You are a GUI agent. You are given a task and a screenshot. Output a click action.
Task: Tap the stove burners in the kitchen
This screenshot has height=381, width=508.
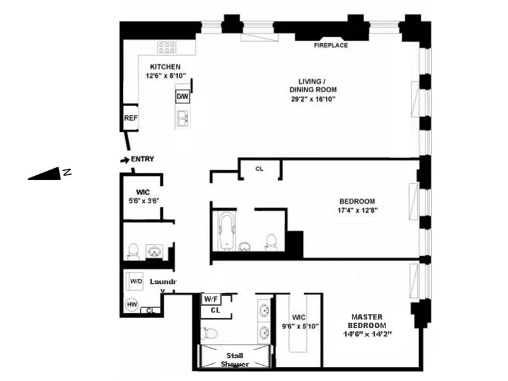tap(166, 48)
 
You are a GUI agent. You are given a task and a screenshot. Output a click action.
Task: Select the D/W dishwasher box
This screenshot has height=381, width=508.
tap(182, 97)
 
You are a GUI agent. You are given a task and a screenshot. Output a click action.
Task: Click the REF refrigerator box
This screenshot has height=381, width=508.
tap(131, 117)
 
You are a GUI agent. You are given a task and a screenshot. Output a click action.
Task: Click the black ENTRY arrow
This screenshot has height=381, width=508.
tap(124, 159)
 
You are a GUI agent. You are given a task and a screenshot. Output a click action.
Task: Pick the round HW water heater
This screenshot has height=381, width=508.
tap(132, 304)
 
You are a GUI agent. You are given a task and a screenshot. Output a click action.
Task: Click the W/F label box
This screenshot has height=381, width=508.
tap(210, 298)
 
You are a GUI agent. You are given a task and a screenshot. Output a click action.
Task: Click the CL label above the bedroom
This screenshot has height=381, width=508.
tap(259, 169)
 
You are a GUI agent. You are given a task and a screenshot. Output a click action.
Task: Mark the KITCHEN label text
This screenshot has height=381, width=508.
tap(165, 67)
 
